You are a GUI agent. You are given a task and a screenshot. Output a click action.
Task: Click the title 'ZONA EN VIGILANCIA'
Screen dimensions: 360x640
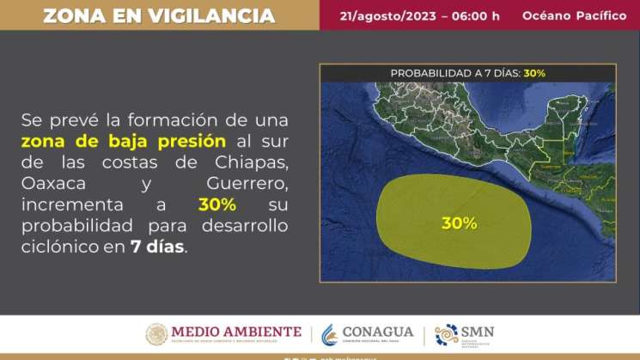pos(159,15)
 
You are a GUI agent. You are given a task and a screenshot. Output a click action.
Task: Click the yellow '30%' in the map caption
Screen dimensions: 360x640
pos(533,73)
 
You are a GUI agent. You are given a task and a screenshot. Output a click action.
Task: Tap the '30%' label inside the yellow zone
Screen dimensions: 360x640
pos(459,223)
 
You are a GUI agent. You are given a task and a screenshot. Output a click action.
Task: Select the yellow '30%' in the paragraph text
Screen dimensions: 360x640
pos(216,205)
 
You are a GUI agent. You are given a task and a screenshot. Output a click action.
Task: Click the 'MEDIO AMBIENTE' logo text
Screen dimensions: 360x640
pos(236,332)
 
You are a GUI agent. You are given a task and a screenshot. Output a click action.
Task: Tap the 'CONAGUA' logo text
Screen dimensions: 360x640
pos(377,332)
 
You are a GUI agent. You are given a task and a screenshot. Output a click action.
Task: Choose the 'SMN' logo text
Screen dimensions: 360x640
pos(479,331)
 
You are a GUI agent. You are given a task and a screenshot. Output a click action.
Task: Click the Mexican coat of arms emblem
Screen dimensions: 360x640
pos(156,334)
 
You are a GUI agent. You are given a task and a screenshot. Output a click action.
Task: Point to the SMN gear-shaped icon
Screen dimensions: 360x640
pos(447,334)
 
